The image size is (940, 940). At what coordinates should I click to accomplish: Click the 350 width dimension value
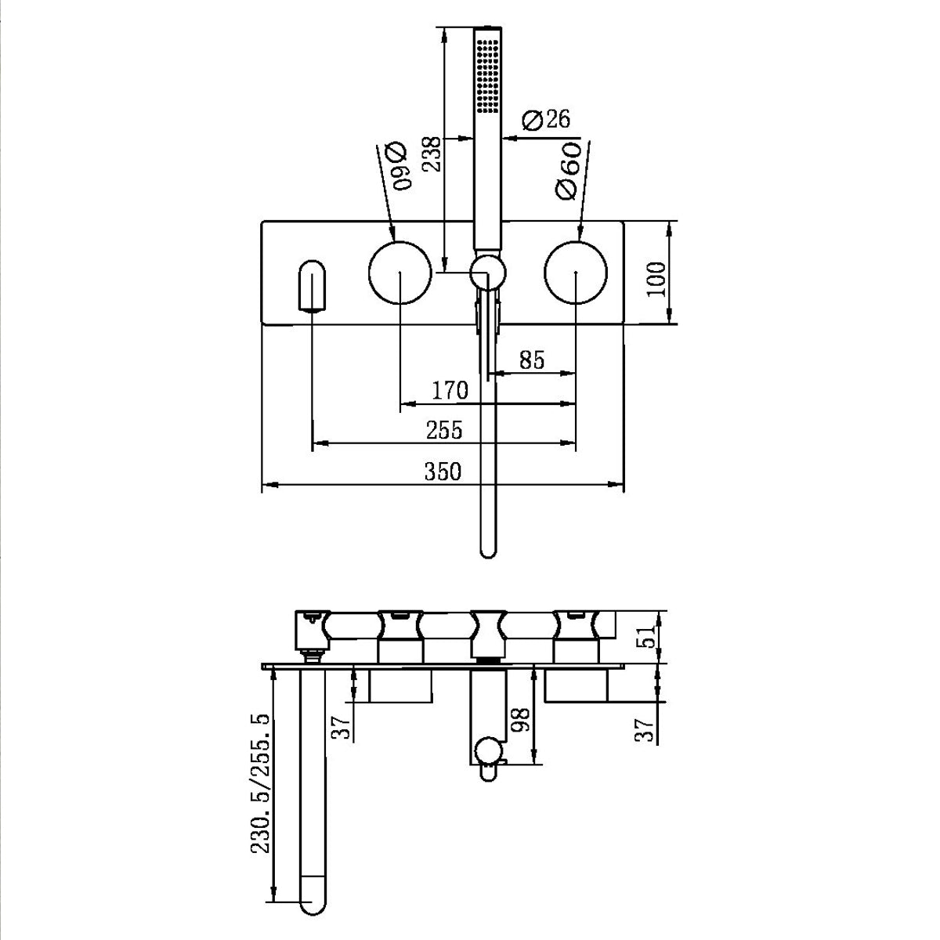click(x=443, y=472)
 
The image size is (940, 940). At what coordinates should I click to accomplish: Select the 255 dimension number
click(x=444, y=430)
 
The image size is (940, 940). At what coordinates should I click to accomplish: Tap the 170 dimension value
click(x=450, y=390)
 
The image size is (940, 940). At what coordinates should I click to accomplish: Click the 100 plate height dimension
click(x=657, y=278)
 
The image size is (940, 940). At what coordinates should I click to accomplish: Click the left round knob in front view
click(x=400, y=273)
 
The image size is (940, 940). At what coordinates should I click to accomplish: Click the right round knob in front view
click(x=576, y=273)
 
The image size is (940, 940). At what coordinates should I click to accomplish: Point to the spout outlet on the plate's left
click(x=313, y=287)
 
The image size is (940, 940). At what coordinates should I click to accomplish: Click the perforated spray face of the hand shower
click(x=487, y=70)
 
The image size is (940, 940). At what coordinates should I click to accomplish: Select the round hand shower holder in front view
click(x=487, y=274)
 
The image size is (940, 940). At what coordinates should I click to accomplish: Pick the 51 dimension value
click(x=645, y=636)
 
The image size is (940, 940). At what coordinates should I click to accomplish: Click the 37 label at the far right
click(x=645, y=730)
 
